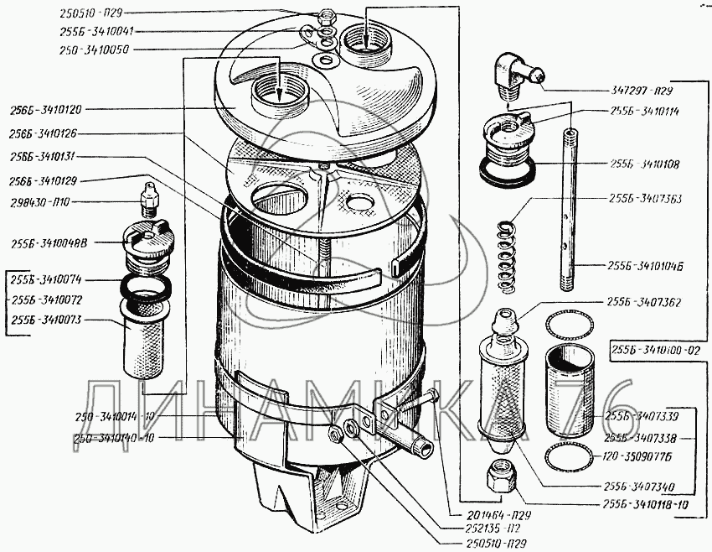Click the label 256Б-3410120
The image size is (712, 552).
click(x=46, y=109)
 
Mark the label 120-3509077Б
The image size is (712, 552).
click(x=645, y=459)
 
